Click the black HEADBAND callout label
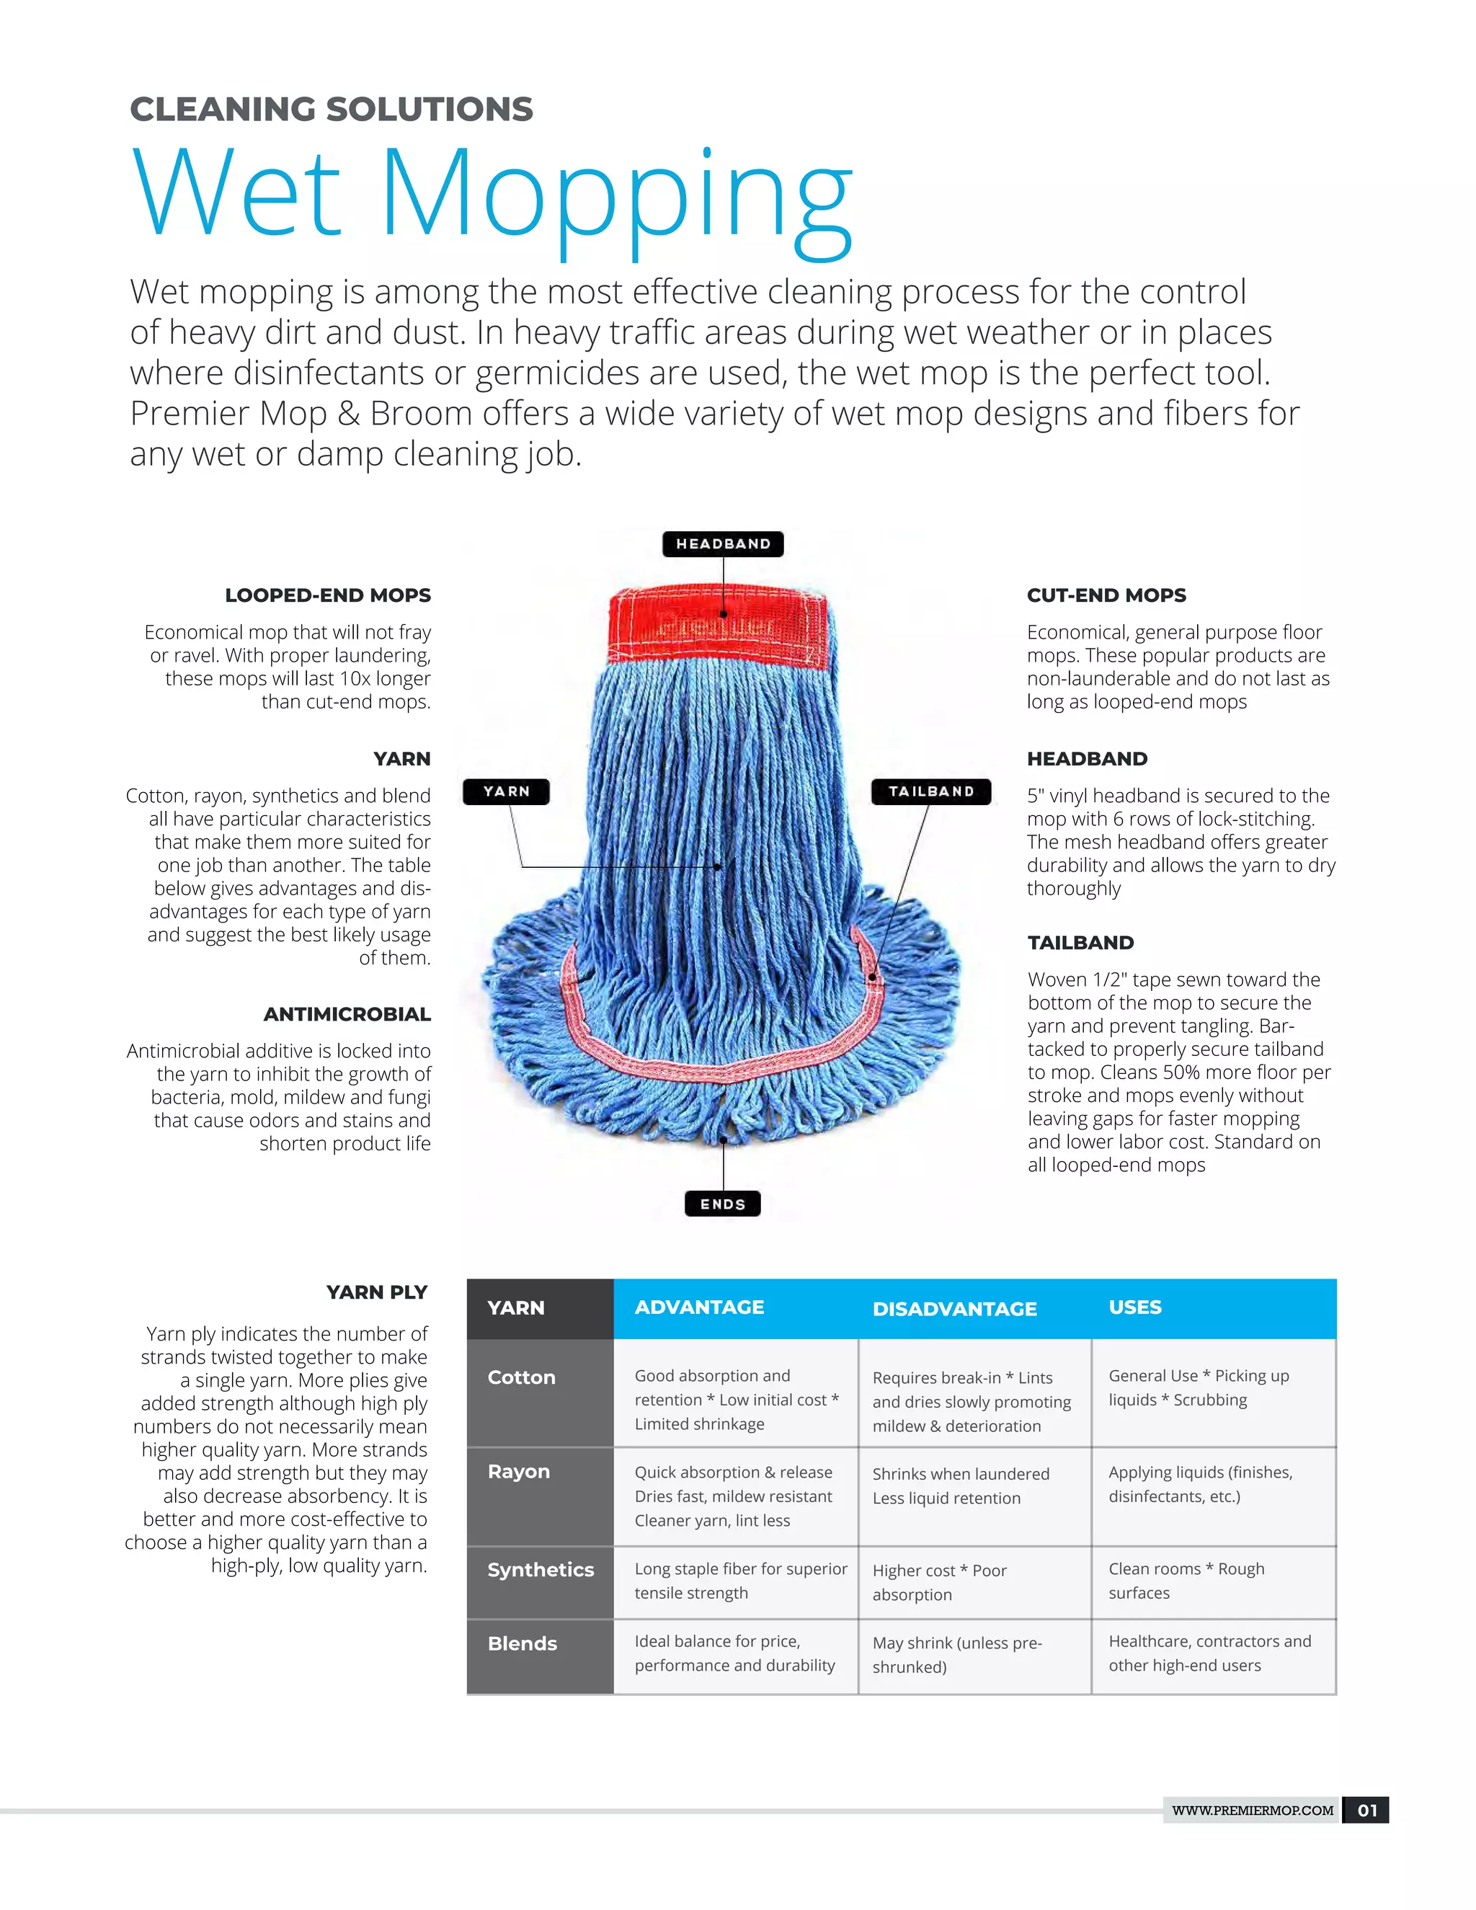point(722,544)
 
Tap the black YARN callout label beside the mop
point(506,791)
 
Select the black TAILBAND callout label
point(931,791)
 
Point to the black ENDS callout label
point(722,1204)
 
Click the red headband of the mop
point(718,626)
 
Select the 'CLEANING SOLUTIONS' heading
point(332,110)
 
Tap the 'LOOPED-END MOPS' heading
point(328,595)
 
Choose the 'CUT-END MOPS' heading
point(1106,595)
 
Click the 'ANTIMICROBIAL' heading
point(347,1015)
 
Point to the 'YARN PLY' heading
point(377,1292)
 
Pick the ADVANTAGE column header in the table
point(700,1307)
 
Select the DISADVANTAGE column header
point(955,1309)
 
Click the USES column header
point(1135,1307)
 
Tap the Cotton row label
point(522,1377)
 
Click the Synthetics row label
point(541,1570)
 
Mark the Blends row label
point(522,1643)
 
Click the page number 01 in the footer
point(1366,1811)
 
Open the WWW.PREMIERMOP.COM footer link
point(1252,1811)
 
